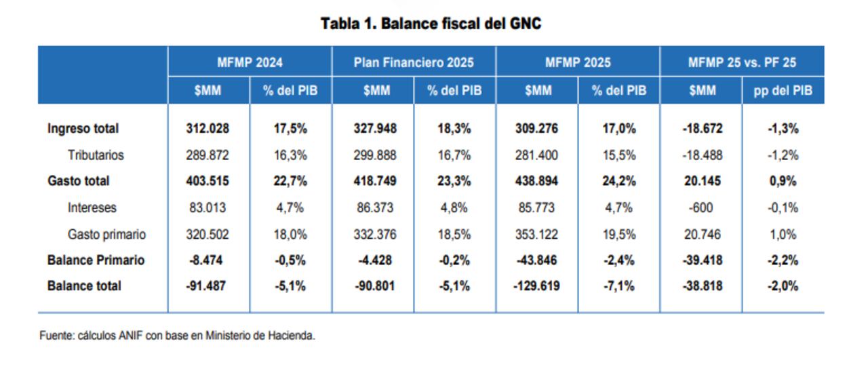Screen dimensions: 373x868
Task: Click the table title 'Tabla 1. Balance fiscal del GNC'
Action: [x=431, y=24]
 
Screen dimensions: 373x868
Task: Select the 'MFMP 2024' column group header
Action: [x=250, y=62]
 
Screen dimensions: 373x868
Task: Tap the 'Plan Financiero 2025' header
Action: [x=414, y=62]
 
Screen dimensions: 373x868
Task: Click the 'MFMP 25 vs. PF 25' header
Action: [x=742, y=62]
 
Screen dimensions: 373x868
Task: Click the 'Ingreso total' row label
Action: [x=83, y=128]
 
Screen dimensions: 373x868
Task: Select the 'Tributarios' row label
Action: [x=96, y=155]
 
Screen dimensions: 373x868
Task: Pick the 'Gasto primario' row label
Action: [x=106, y=235]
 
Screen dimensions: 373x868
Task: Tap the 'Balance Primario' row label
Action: [x=96, y=260]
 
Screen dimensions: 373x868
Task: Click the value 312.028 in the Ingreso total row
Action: [x=208, y=128]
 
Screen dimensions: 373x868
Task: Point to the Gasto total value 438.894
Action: [x=536, y=181]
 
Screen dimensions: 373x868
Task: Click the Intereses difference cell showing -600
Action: [x=701, y=208]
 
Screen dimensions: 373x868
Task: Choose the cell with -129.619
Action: [x=536, y=286]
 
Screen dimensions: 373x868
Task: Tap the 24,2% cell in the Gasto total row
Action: [x=619, y=181]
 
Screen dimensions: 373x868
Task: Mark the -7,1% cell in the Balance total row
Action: [x=619, y=286]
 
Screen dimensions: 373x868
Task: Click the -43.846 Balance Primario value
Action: [x=536, y=260]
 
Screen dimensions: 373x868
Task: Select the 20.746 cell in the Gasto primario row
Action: [x=701, y=235]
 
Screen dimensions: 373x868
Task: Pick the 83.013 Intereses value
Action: [x=208, y=208]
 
